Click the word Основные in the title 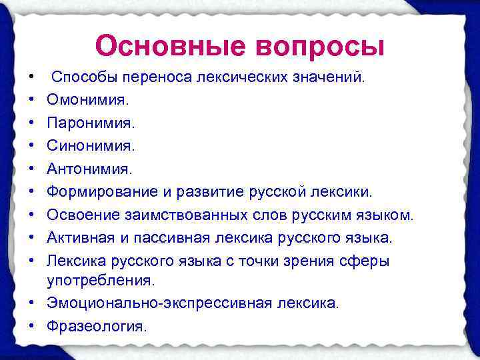168,46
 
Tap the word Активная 77,237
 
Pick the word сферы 370,261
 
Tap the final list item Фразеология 96,326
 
